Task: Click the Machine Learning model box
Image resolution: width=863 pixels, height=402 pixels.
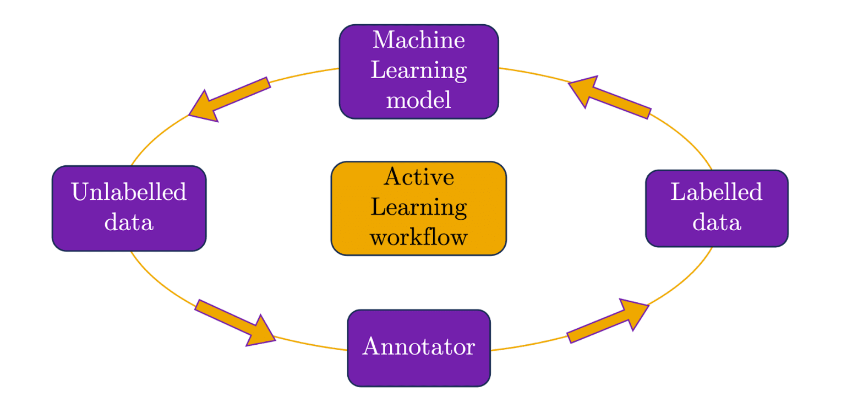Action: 418,72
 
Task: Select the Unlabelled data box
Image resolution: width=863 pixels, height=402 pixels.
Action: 129,208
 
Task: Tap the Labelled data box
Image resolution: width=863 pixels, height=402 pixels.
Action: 717,208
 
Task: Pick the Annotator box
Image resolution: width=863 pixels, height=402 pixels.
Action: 418,348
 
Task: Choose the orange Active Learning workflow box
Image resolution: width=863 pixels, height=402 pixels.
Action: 418,208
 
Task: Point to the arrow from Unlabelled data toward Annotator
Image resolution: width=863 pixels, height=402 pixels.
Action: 236,323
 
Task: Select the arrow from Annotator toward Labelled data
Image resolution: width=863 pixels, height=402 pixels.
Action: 608,322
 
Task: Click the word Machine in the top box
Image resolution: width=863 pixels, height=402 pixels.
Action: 418,41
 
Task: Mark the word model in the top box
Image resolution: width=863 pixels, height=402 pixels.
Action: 418,100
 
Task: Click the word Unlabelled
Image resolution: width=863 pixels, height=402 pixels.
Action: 129,193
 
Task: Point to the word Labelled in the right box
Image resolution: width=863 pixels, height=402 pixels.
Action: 717,193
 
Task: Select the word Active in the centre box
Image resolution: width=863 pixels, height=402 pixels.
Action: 418,177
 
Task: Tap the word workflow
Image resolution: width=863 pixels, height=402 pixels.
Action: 418,238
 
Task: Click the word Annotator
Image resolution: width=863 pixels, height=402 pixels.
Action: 418,348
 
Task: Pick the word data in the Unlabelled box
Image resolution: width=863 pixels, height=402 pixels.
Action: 129,222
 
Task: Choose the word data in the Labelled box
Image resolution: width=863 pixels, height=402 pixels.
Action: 717,222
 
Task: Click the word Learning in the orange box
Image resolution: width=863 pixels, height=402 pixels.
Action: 418,208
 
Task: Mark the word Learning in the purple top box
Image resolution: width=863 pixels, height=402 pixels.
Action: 418,70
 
